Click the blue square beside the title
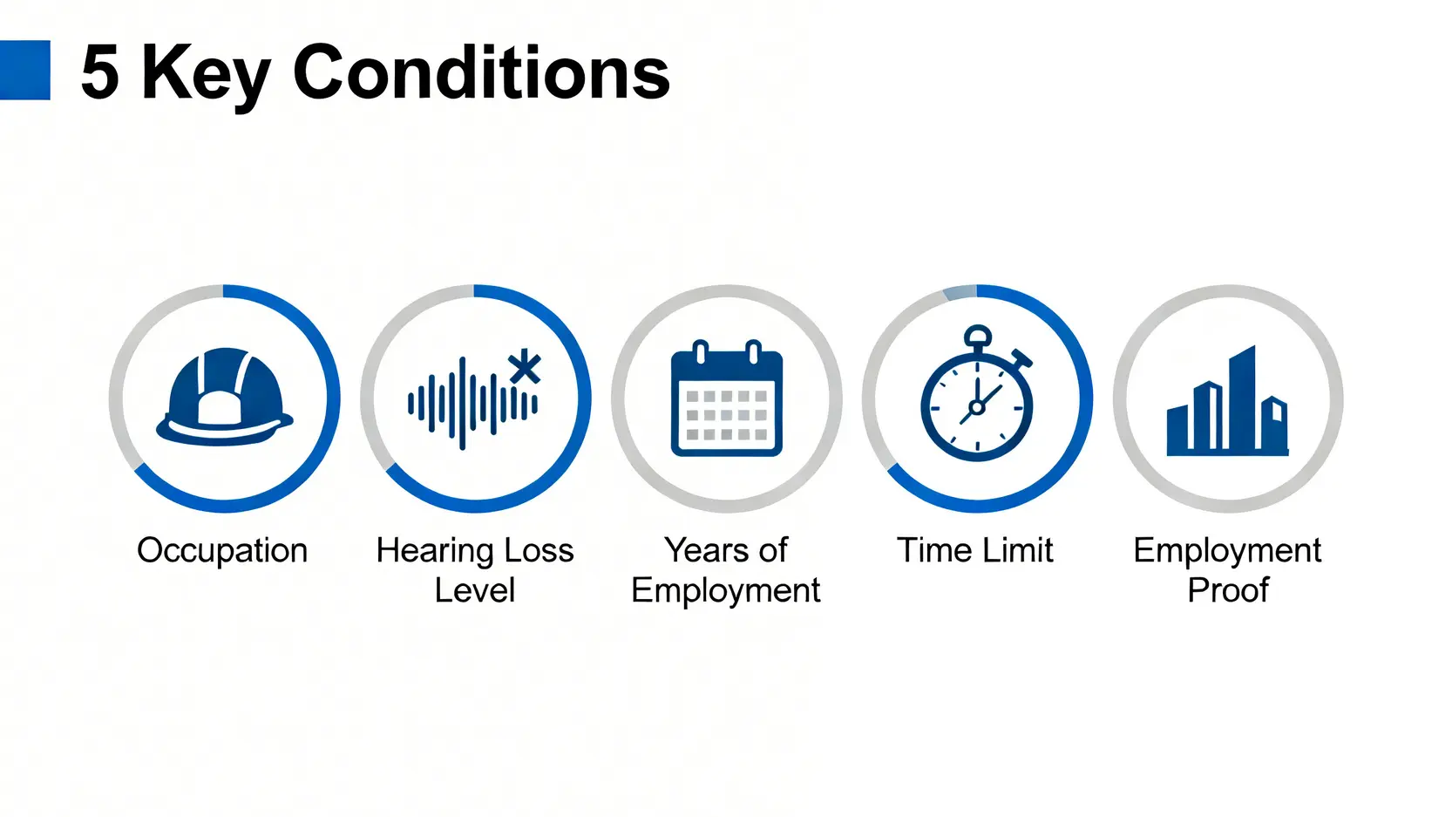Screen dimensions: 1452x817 (x=24, y=70)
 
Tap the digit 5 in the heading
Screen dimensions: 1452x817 (x=100, y=71)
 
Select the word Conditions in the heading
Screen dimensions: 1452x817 (x=482, y=71)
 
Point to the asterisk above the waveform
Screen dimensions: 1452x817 (x=525, y=367)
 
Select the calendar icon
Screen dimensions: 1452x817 (x=727, y=398)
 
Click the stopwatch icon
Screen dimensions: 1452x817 (x=977, y=393)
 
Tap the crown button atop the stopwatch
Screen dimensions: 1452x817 (x=978, y=336)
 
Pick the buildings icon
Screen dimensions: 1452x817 (x=1227, y=400)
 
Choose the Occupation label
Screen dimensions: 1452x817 (x=222, y=551)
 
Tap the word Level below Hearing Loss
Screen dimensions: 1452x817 (x=474, y=590)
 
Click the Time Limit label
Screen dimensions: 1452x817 (x=975, y=550)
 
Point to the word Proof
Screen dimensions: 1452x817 (x=1228, y=590)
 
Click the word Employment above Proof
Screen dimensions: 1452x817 (x=1227, y=551)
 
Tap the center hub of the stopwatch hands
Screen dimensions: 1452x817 (x=977, y=407)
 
